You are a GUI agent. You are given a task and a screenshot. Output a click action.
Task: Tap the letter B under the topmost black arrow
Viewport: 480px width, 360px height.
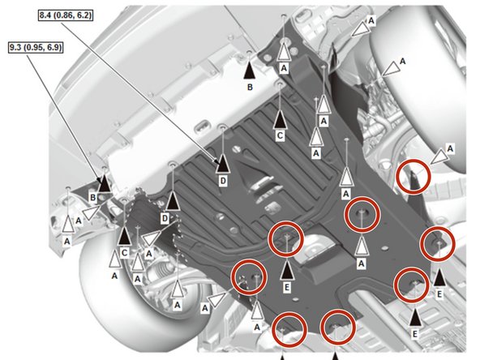click(251, 86)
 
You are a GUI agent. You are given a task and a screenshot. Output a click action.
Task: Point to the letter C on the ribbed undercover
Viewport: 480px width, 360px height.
click(279, 137)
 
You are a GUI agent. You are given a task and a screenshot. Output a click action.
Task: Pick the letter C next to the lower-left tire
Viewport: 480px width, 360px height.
click(123, 252)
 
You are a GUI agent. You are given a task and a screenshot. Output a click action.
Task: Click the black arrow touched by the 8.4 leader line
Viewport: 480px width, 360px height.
click(222, 162)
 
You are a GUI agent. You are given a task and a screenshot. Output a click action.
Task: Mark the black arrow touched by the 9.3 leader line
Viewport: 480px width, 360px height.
click(105, 183)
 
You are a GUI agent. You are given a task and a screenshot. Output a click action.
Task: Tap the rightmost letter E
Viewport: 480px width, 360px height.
click(439, 294)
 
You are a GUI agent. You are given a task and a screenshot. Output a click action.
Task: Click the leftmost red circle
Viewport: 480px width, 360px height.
click(249, 276)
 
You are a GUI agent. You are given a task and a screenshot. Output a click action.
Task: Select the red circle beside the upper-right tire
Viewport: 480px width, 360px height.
click(413, 175)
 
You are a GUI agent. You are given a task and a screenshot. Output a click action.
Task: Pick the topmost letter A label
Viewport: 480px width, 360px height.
click(371, 18)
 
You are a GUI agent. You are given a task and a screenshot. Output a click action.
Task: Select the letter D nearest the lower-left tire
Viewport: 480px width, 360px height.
click(164, 219)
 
